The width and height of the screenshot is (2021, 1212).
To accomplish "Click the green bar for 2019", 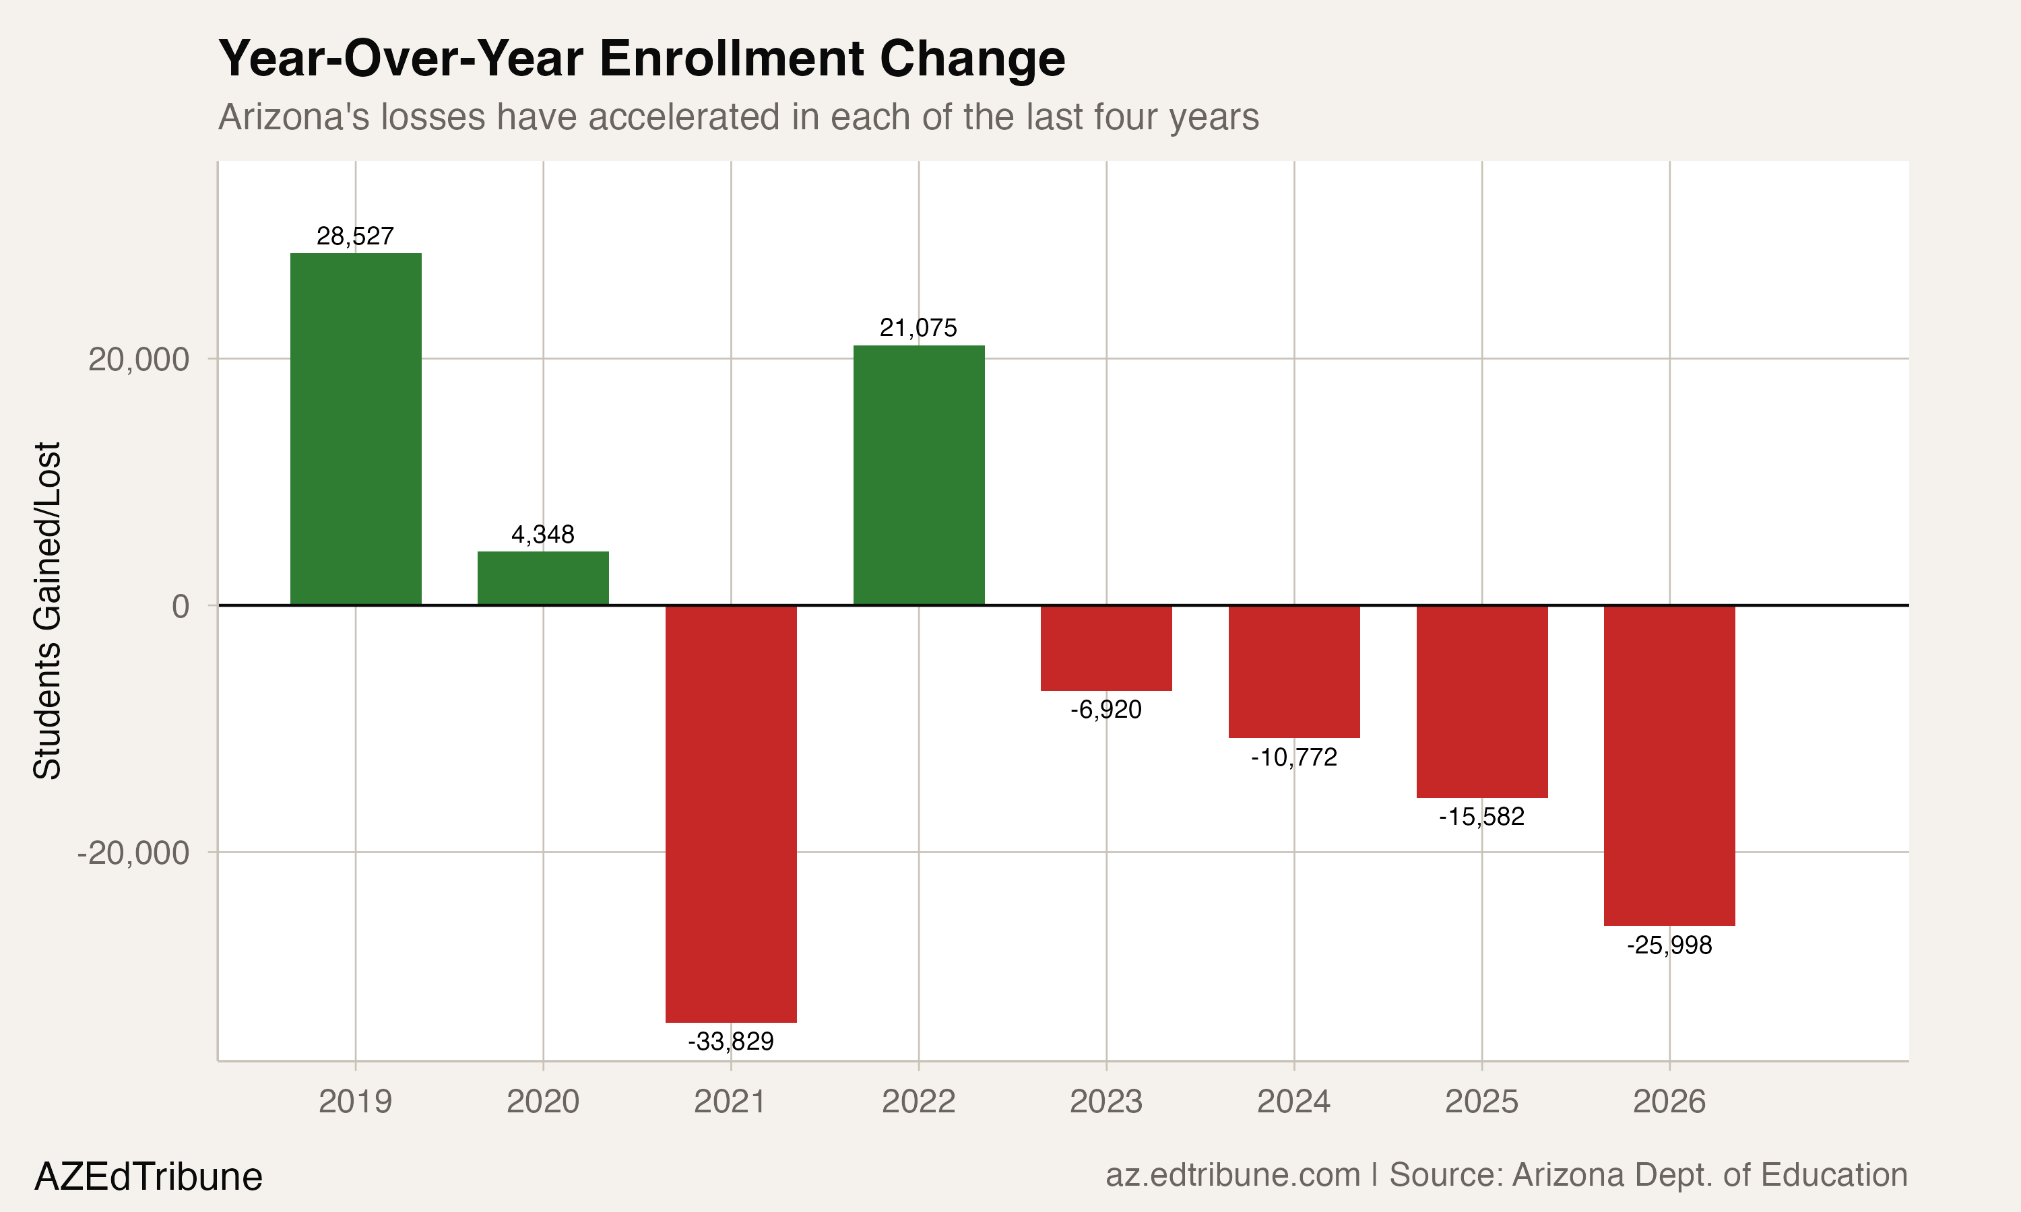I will tap(355, 429).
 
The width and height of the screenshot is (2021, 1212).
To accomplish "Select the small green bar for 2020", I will tap(542, 578).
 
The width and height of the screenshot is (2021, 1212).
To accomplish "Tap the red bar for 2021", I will tap(730, 813).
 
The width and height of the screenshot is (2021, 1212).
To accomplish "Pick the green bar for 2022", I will tap(918, 475).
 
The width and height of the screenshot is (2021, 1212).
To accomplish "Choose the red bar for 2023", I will tap(1106, 648).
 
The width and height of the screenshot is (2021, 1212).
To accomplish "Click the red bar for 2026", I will tap(1669, 766).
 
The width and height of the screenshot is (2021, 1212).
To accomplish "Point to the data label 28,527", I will tap(355, 236).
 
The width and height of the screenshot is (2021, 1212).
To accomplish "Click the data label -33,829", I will tap(730, 1041).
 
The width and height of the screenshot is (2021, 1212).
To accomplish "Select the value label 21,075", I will tap(918, 327).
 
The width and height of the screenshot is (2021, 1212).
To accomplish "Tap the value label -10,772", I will tap(1294, 757).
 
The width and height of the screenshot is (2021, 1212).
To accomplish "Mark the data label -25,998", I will tap(1669, 945).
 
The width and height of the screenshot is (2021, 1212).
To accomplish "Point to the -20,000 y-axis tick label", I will tap(133, 852).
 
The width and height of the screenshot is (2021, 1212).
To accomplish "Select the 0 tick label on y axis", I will tap(181, 606).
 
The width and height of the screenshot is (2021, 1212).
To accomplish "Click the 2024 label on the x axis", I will tap(1294, 1102).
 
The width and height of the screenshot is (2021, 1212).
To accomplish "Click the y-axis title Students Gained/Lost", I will tap(47, 610).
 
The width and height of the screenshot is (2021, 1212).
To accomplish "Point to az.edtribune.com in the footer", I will tap(1232, 1174).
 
